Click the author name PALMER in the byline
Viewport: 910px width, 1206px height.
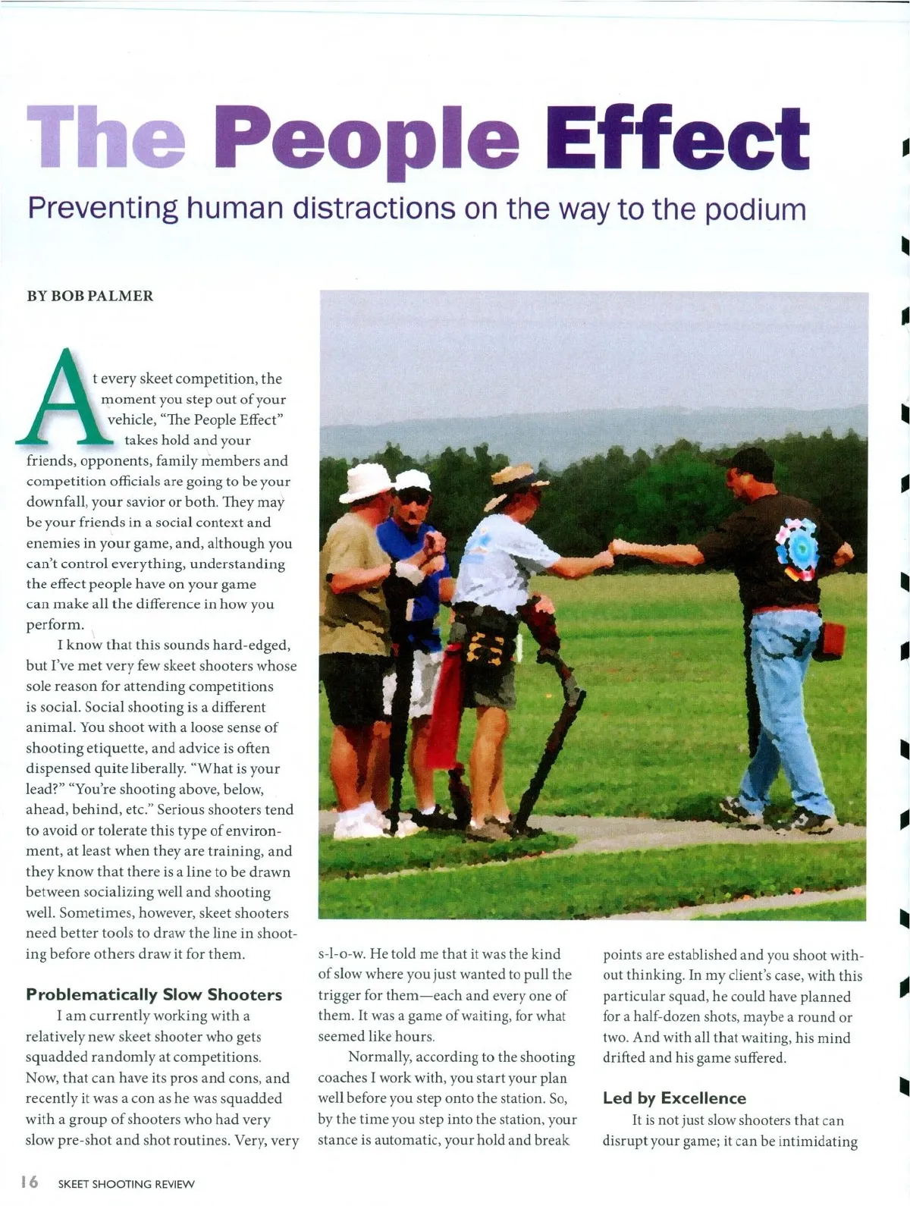(120, 296)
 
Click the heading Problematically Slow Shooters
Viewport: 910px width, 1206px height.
(154, 994)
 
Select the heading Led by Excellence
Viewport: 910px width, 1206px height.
(674, 1098)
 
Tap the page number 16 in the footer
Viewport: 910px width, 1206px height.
(30, 1182)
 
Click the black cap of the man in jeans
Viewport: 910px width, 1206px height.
(747, 460)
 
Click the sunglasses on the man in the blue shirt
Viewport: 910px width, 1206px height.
(414, 497)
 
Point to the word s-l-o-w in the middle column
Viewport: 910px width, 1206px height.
(343, 954)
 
